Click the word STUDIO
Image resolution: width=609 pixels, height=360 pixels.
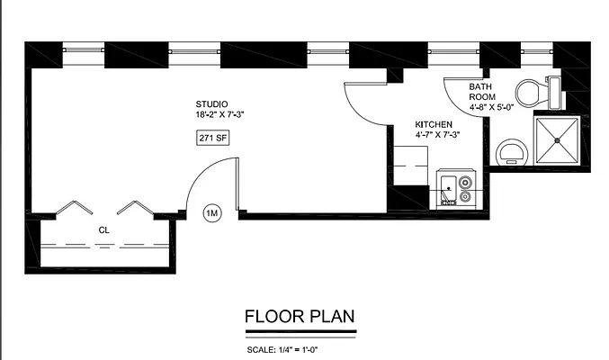click(212, 103)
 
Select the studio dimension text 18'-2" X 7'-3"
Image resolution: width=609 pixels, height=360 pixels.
click(220, 115)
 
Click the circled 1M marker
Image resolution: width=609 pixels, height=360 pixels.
click(212, 213)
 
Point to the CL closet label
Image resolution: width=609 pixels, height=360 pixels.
click(103, 230)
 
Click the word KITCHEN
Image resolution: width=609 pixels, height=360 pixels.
click(433, 124)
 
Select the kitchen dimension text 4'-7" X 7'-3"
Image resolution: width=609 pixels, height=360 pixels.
click(437, 135)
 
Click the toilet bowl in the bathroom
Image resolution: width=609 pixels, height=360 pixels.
click(528, 92)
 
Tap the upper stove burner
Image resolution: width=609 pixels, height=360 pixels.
click(465, 180)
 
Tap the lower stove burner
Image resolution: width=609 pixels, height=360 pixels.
click(465, 194)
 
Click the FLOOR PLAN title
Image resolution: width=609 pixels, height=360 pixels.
click(300, 316)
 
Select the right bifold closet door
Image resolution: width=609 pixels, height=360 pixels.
click(131, 208)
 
